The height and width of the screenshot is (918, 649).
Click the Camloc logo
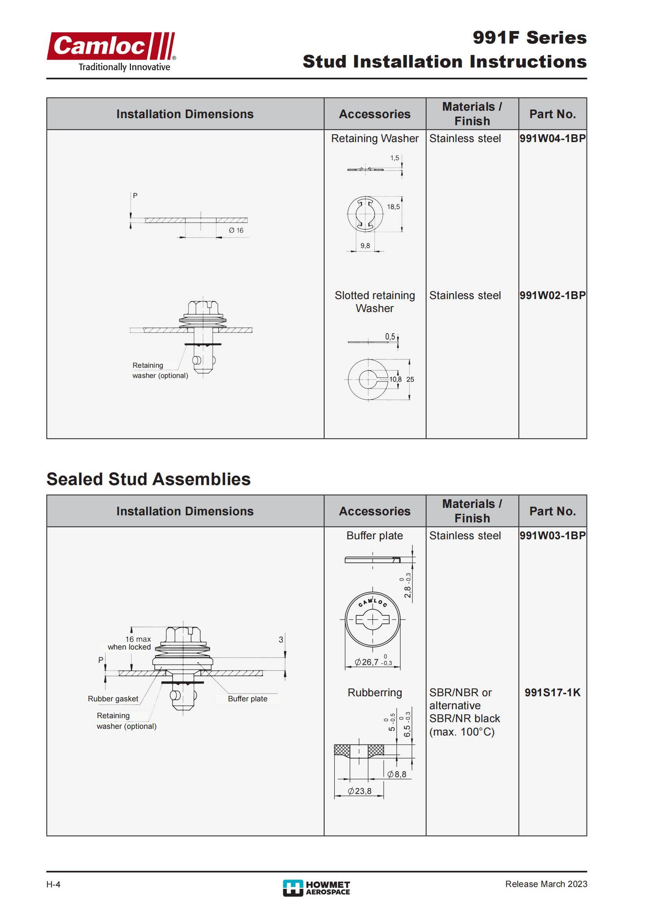[x=111, y=51]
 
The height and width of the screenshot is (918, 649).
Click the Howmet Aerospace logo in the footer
[x=316, y=888]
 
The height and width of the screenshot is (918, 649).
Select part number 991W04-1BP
[x=552, y=138]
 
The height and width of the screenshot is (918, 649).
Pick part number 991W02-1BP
[x=552, y=296]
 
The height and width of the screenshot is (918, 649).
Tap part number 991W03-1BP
[x=552, y=535]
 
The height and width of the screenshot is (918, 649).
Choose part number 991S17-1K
[x=552, y=692]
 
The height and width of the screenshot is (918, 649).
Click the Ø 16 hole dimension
[x=236, y=230]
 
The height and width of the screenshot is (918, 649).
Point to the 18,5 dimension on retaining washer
[x=393, y=207]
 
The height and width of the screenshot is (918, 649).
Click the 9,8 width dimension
[x=365, y=246]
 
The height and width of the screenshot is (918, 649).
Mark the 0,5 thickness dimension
[x=390, y=337]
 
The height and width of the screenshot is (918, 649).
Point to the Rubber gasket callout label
[x=113, y=699]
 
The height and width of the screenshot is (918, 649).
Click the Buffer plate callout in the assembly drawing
[x=247, y=699]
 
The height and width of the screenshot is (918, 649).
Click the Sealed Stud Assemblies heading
[x=148, y=479]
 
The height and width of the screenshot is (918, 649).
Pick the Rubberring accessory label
[x=374, y=692]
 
